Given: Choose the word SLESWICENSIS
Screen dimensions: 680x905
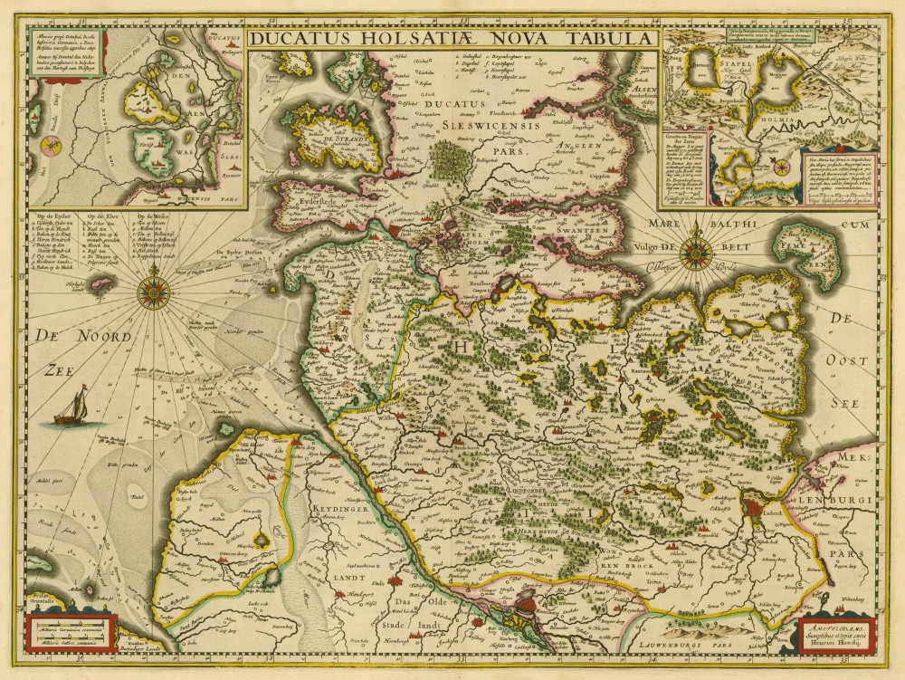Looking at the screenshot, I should coord(491,127).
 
